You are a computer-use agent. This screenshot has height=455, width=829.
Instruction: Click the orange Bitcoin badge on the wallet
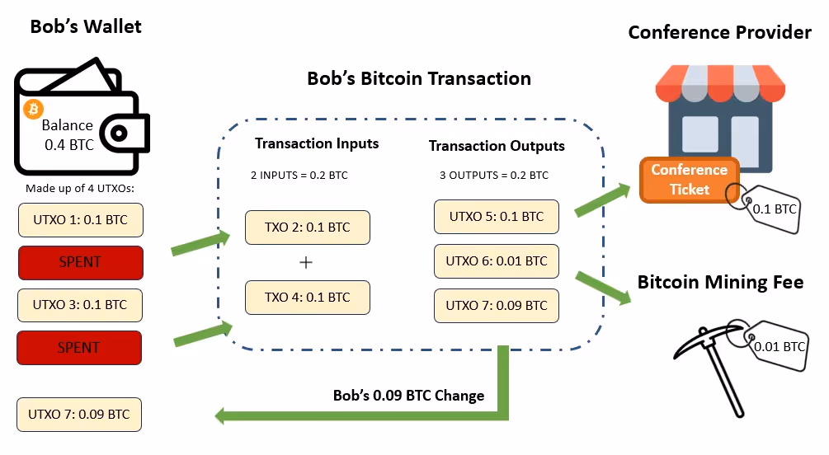click(x=34, y=108)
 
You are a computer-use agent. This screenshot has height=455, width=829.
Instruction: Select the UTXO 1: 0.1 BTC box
click(x=79, y=221)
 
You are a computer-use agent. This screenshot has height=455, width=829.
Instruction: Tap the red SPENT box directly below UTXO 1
click(x=79, y=262)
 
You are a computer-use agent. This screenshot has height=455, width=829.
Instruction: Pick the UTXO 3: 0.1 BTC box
click(x=79, y=304)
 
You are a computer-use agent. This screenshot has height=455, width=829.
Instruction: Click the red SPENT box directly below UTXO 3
click(x=79, y=347)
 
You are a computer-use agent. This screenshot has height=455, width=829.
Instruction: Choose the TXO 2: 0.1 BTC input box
click(x=306, y=227)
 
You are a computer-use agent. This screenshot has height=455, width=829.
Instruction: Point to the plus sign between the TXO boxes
click(x=306, y=262)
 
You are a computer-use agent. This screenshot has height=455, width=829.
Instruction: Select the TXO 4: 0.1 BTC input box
click(x=306, y=298)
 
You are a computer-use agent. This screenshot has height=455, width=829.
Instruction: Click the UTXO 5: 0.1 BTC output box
click(x=497, y=217)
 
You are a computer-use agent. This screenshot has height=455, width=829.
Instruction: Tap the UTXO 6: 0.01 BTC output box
click(x=497, y=261)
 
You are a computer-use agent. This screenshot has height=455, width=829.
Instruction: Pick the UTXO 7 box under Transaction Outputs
click(x=497, y=305)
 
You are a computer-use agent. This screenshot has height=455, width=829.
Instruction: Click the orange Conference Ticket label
click(x=689, y=179)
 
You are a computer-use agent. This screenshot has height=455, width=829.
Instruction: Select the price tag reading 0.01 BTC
click(x=779, y=344)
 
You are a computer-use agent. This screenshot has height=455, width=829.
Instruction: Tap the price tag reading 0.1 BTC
click(x=773, y=209)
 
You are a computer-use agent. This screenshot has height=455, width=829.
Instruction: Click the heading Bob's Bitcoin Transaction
click(x=419, y=79)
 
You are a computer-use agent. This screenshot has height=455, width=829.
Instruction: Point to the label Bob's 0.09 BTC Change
click(x=408, y=396)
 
